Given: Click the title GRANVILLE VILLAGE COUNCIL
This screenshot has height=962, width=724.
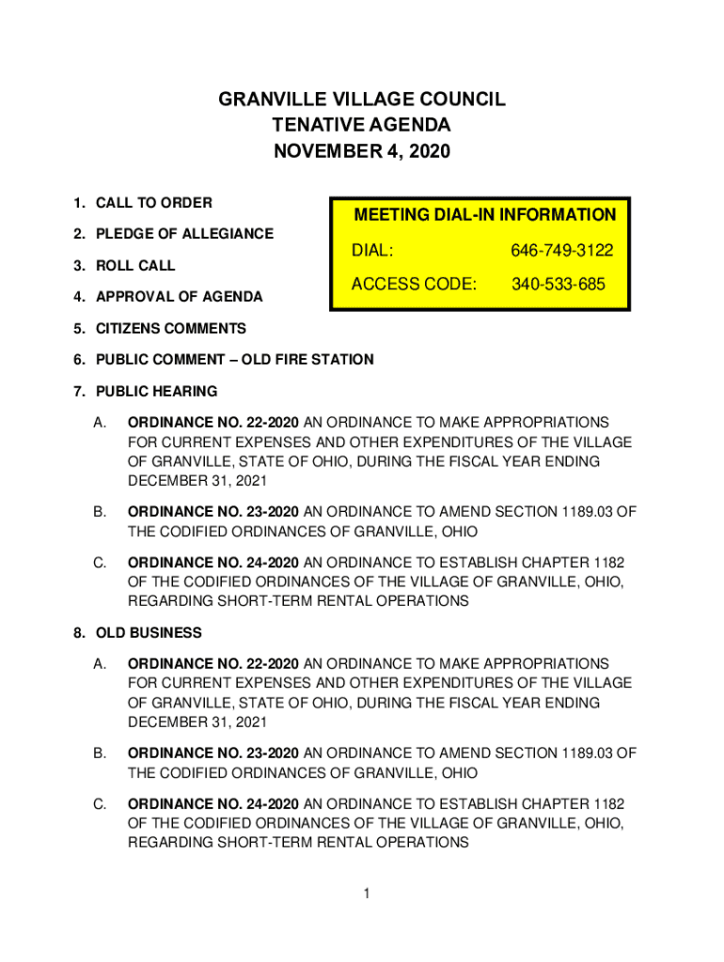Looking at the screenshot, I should coord(362,100).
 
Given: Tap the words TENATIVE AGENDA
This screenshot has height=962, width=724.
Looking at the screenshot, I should coord(362,125).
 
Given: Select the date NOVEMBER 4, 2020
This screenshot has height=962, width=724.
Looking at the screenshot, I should coord(362,150).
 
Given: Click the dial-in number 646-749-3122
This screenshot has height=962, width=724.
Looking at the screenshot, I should coord(561,251).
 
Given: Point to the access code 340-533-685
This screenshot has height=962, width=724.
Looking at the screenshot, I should coord(558,284).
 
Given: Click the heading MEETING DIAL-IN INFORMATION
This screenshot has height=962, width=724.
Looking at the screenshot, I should coord(484,215).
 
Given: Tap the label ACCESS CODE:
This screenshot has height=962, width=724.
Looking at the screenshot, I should coord(414,284).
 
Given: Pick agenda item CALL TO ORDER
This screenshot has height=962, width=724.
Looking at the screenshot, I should coord(153,203).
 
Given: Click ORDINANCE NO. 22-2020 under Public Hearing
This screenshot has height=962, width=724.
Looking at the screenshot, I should coord(213,423).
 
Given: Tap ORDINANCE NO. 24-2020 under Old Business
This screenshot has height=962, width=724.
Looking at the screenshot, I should coord(213,804).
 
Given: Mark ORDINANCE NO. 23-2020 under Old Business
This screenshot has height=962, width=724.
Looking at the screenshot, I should coord(213,753).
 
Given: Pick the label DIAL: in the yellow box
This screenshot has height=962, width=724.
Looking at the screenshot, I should coord(372,251).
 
